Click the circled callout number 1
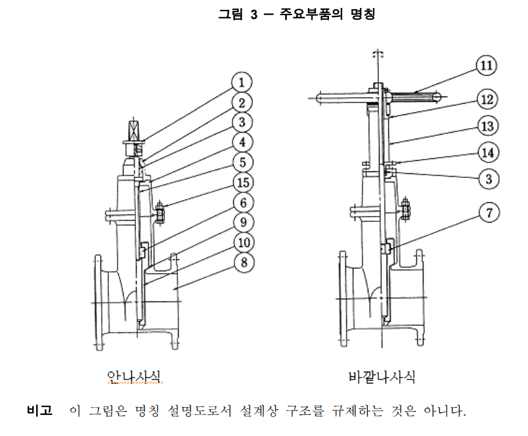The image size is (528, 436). (x=242, y=82)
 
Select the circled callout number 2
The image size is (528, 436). (x=242, y=102)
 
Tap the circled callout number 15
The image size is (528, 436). (x=244, y=183)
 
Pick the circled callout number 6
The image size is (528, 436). (x=244, y=203)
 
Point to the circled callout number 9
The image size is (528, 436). (x=244, y=222)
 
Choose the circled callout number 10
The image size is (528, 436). (x=244, y=242)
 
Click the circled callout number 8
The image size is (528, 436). (x=244, y=262)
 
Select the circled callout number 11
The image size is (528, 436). (x=487, y=65)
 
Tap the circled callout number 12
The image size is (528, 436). (x=487, y=99)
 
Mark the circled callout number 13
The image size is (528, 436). (x=488, y=126)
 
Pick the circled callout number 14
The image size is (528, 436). (x=488, y=152)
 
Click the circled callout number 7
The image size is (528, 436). (x=489, y=213)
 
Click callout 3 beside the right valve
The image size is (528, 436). (x=489, y=179)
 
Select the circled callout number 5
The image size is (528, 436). (x=243, y=162)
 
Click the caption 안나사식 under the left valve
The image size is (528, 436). (x=134, y=376)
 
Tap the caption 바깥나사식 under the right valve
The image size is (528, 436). (x=382, y=377)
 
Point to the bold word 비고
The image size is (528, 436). (x=40, y=410)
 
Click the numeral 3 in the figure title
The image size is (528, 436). (x=254, y=14)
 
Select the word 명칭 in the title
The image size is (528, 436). (x=363, y=14)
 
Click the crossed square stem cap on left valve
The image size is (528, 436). (x=134, y=130)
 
